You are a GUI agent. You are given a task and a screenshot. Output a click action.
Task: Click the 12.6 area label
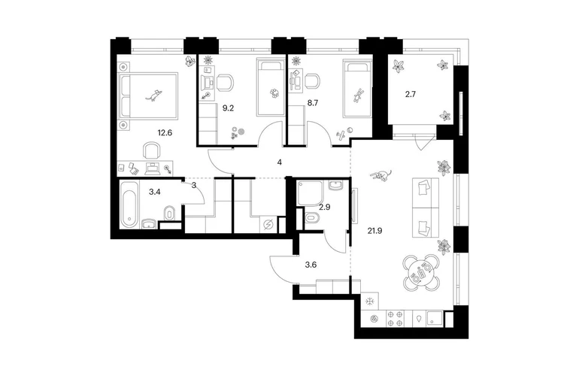[165, 132]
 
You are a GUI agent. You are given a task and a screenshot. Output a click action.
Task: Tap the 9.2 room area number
[227, 108]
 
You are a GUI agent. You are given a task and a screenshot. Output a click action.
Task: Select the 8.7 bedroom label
[312, 103]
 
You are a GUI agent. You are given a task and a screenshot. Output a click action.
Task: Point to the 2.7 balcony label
[411, 94]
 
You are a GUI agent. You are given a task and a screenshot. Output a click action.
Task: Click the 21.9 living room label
[374, 231]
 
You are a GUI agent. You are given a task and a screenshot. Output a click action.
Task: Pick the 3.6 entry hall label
[311, 265]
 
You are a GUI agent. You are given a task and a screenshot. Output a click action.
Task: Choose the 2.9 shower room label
[325, 208]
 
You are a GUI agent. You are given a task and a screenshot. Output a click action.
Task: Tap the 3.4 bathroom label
[154, 192]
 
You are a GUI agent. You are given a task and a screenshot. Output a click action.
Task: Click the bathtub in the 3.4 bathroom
[129, 205]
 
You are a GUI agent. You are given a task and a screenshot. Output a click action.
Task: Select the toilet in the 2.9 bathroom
[311, 217]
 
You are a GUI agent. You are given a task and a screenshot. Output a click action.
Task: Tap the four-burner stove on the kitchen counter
[395, 319]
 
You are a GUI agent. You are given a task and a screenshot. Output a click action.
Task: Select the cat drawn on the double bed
[154, 95]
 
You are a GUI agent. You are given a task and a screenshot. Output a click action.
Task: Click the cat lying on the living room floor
[381, 175]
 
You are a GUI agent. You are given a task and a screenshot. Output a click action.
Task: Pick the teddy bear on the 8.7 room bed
[357, 96]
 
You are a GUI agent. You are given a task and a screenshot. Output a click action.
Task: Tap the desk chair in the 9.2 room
[224, 83]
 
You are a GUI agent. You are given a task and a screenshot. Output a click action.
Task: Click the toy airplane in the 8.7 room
[341, 135]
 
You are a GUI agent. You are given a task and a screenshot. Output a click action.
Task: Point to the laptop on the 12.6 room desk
[152, 168]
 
